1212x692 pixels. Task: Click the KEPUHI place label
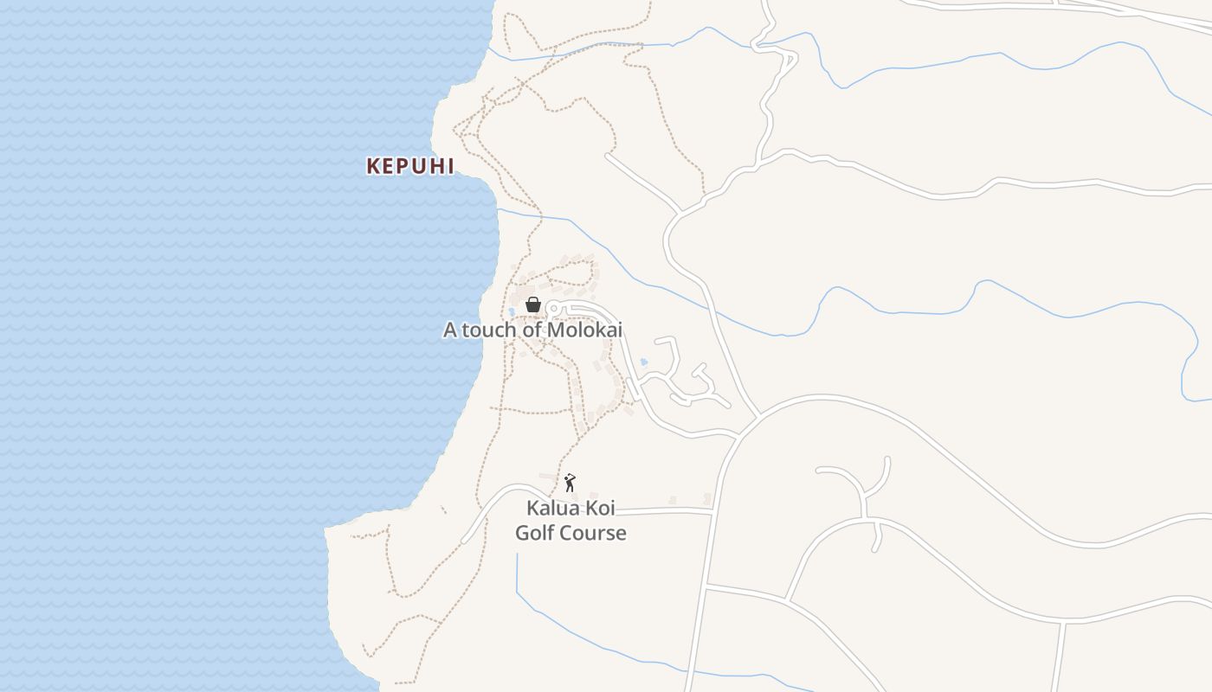tap(410, 166)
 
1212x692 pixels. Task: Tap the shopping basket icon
tap(533, 304)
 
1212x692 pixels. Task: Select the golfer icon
tap(570, 483)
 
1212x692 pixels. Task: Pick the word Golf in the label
tap(535, 533)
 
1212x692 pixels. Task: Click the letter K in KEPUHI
tap(373, 166)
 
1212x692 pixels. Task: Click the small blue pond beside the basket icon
tap(513, 311)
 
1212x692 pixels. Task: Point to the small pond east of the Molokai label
tap(643, 362)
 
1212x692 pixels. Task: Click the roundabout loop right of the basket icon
tap(554, 308)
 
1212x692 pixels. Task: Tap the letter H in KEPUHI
tap(433, 166)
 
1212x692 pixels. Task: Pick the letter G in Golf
tap(523, 533)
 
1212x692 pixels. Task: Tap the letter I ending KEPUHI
tap(449, 166)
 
